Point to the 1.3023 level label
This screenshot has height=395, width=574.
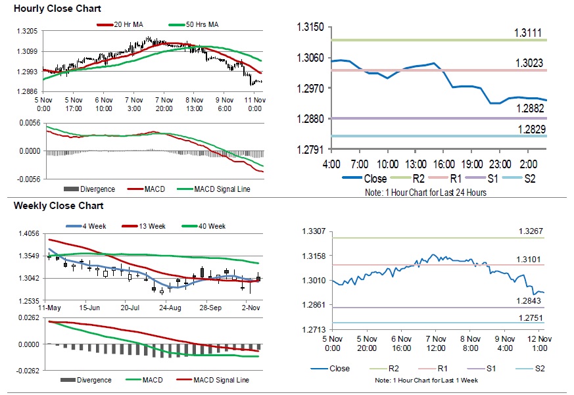[529, 63]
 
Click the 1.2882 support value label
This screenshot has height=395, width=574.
[529, 108]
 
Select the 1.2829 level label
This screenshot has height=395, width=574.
[529, 129]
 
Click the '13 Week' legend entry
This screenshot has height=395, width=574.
[152, 226]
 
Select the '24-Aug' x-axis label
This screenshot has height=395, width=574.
[170, 308]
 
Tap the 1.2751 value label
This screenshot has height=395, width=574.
[530, 317]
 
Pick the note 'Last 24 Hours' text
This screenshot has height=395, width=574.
[463, 193]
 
